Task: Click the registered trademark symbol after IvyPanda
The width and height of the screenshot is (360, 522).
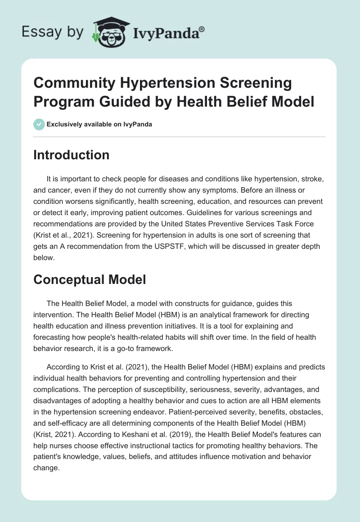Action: (x=202, y=29)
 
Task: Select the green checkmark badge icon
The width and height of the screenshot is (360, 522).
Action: (x=39, y=124)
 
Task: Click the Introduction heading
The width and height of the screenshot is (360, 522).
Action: (x=72, y=155)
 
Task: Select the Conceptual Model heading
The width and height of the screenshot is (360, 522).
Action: (x=90, y=279)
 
